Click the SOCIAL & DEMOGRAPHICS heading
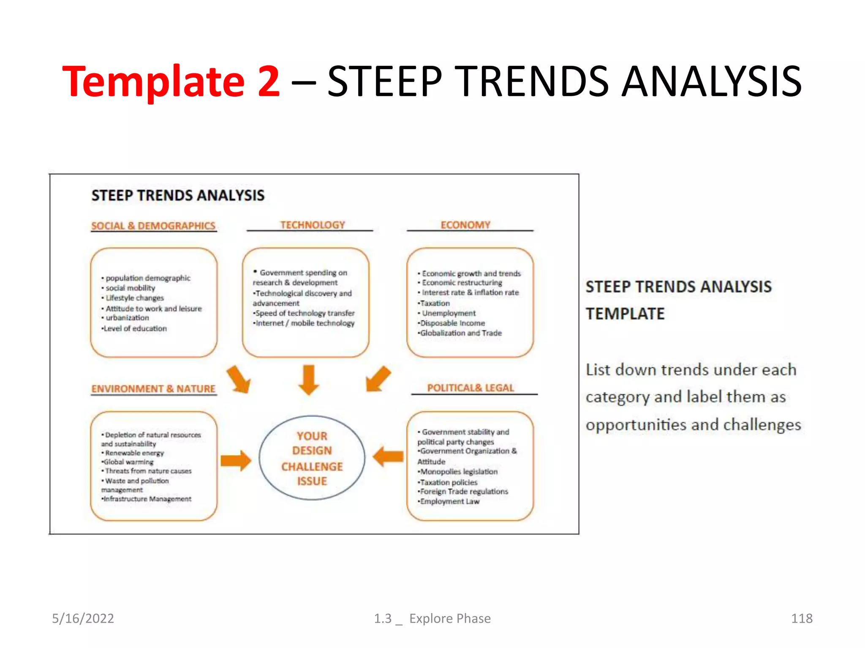point(153,226)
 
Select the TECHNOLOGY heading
point(313,225)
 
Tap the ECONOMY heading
point(465,225)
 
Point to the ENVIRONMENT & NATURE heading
point(153,389)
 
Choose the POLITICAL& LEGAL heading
point(471,388)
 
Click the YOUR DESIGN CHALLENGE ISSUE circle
point(312,458)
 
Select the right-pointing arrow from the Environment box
point(236,460)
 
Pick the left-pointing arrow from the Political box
point(388,456)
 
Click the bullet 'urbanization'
point(127,318)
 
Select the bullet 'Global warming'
point(128,462)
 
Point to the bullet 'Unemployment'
point(449,313)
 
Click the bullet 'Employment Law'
point(449,501)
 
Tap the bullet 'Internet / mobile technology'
point(305,323)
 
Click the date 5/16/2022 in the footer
point(83,618)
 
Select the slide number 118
point(801,618)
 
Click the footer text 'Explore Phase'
point(450,618)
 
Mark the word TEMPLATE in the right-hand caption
point(625,314)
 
